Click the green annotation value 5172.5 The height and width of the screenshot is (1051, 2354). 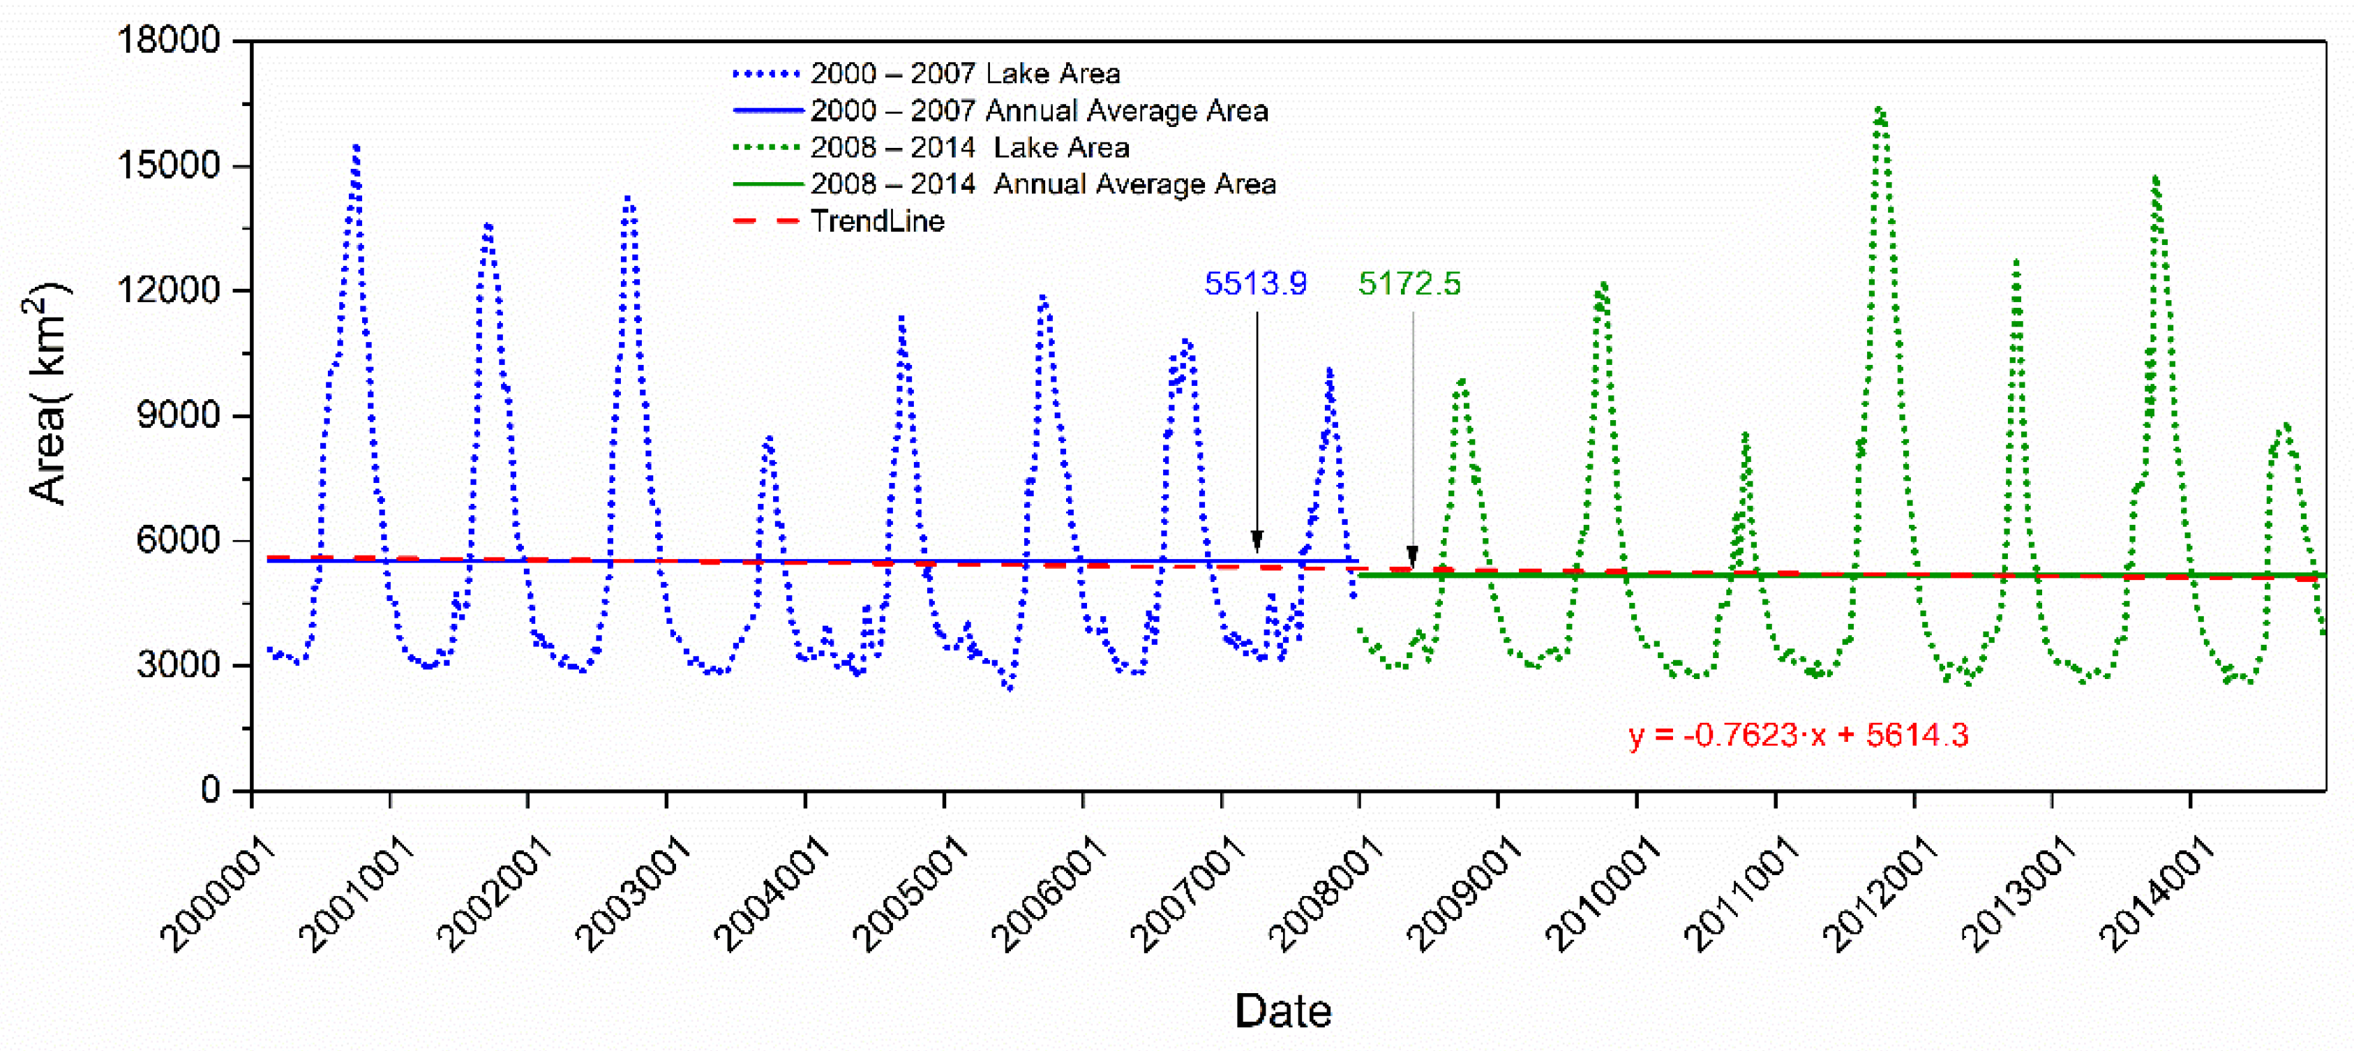point(1409,283)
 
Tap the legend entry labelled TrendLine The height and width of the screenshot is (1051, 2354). point(876,221)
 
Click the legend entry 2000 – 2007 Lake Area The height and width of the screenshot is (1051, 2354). point(964,73)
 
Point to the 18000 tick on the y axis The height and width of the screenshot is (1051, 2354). point(169,40)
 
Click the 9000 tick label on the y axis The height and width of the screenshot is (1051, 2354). point(178,415)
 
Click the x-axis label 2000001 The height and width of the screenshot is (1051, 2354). point(219,895)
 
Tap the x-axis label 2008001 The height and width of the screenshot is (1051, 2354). point(1327,895)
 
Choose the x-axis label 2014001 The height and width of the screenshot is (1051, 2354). point(2157,895)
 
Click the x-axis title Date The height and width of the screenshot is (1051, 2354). point(1282,1011)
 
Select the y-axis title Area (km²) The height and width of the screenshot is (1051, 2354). point(47,393)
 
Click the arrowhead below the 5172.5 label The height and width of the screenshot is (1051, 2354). point(1413,555)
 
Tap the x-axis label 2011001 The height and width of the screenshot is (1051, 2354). point(1741,895)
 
